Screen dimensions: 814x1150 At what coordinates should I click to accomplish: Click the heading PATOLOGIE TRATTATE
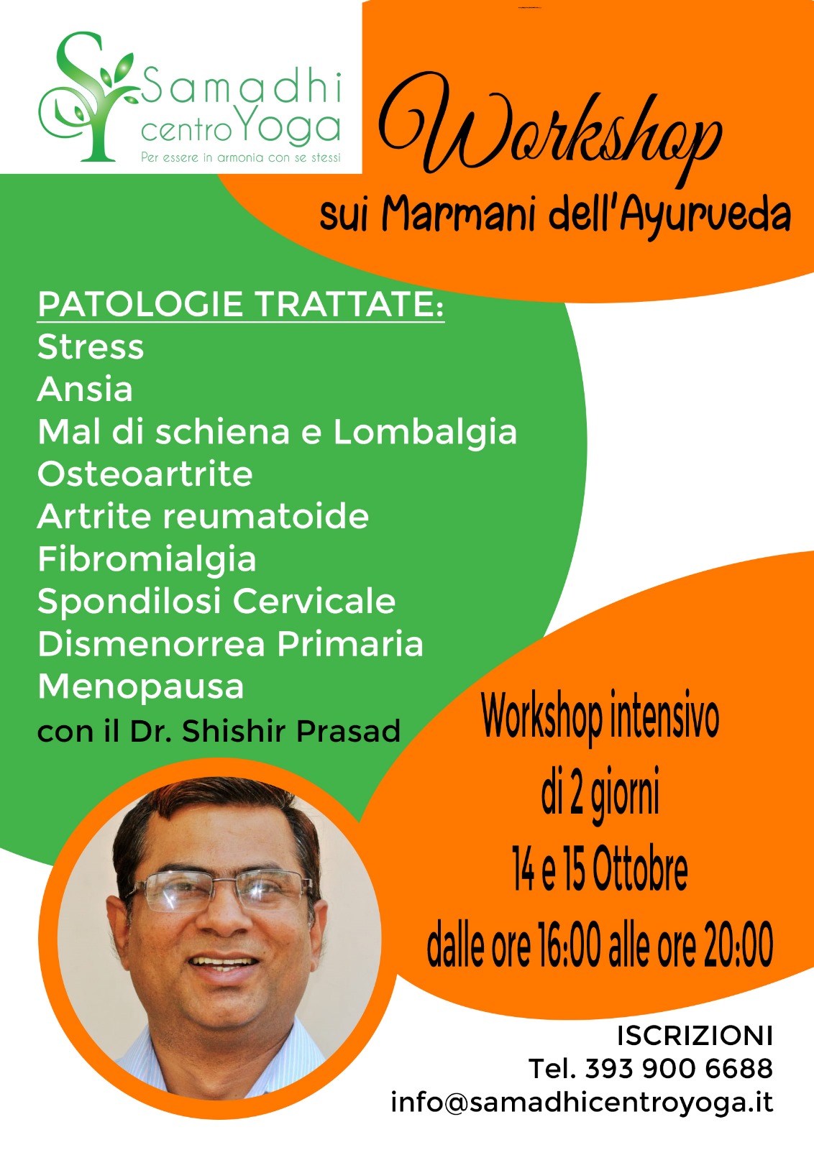point(240,305)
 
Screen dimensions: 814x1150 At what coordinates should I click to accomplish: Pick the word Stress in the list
point(91,347)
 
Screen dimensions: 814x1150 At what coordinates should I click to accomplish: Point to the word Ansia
point(85,390)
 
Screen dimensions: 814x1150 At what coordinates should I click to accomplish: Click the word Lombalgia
point(425,432)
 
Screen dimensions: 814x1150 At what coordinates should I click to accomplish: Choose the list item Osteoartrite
point(145,474)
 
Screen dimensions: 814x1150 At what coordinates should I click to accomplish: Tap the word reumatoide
point(265,517)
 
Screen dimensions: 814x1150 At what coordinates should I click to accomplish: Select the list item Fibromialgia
point(147,560)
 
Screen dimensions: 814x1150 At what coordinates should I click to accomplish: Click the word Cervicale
point(314,602)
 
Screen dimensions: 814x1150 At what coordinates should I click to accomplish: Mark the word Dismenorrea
point(152,645)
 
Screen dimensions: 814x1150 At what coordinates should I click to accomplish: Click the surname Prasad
point(348,731)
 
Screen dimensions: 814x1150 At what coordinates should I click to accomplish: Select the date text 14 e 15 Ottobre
point(600,870)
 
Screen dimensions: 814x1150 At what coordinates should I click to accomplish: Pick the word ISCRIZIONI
point(695,1036)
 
